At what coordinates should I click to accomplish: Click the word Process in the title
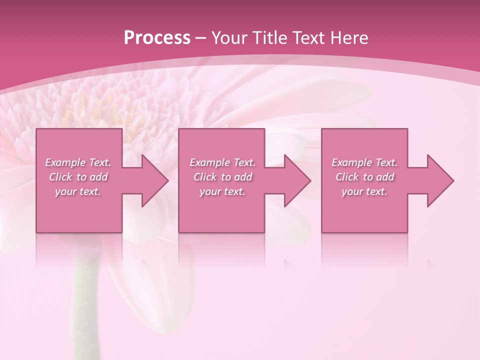tap(157, 38)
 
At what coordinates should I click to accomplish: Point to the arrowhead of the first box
tap(152, 180)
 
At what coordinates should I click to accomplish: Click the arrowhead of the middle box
tap(295, 180)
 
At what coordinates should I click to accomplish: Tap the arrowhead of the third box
tap(438, 180)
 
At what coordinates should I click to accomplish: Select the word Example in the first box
tap(65, 162)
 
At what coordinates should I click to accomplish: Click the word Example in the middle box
tap(209, 162)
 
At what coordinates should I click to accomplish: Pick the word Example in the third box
tap(351, 162)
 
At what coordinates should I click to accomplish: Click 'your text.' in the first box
tap(78, 191)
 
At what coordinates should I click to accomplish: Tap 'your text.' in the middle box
tap(222, 191)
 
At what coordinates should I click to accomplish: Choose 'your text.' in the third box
tap(364, 191)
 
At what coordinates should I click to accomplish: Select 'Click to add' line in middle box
tap(222, 177)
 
